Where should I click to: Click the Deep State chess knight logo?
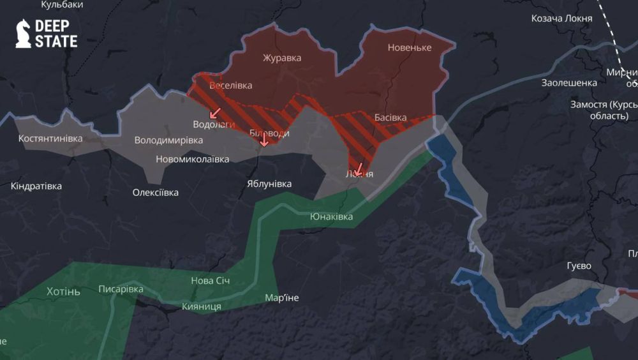[x=23, y=33]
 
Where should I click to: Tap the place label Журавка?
[x=282, y=58]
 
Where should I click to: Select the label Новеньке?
[x=409, y=48]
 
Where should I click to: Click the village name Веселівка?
[x=230, y=86]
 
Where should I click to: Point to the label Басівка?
[x=390, y=117]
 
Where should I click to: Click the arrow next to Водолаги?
[x=215, y=113]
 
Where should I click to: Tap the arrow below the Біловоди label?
[x=264, y=139]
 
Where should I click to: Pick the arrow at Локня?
[x=359, y=170]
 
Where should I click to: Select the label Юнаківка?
[x=331, y=217]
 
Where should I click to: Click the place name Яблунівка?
[x=269, y=184]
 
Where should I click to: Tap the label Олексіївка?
[x=155, y=192]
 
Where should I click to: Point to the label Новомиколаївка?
[x=192, y=159]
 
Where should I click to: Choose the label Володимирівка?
[x=168, y=140]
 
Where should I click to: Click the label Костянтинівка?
[x=50, y=139]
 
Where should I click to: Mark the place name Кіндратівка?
[x=36, y=186]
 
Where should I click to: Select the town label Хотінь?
[x=63, y=292]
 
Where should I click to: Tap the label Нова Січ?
[x=210, y=281]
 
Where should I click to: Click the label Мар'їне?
[x=281, y=298]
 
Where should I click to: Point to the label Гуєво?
[x=579, y=266]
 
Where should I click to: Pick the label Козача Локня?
[x=561, y=19]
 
